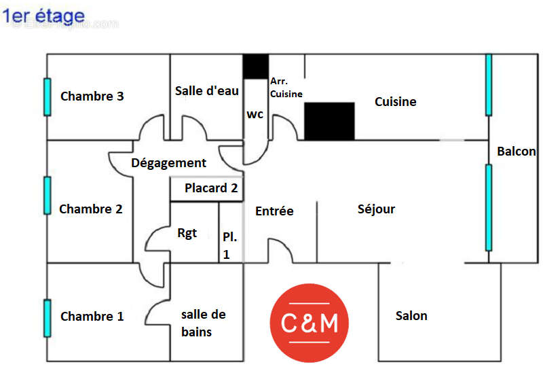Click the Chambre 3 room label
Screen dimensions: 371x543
92,96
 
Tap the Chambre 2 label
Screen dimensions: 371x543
91,209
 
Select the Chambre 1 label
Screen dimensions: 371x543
92,317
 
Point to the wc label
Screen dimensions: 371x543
255,114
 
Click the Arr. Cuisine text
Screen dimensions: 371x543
286,88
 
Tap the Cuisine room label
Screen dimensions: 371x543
396,102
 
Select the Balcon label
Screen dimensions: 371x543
517,152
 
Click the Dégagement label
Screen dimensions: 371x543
168,163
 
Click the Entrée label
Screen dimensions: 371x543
274,211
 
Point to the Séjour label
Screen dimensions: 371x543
376,209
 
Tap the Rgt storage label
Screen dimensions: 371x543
187,233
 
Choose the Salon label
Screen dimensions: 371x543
411,316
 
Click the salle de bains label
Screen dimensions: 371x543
203,323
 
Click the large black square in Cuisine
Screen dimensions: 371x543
329,121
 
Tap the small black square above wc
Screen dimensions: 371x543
256,66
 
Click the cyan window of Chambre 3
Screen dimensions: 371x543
48,96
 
